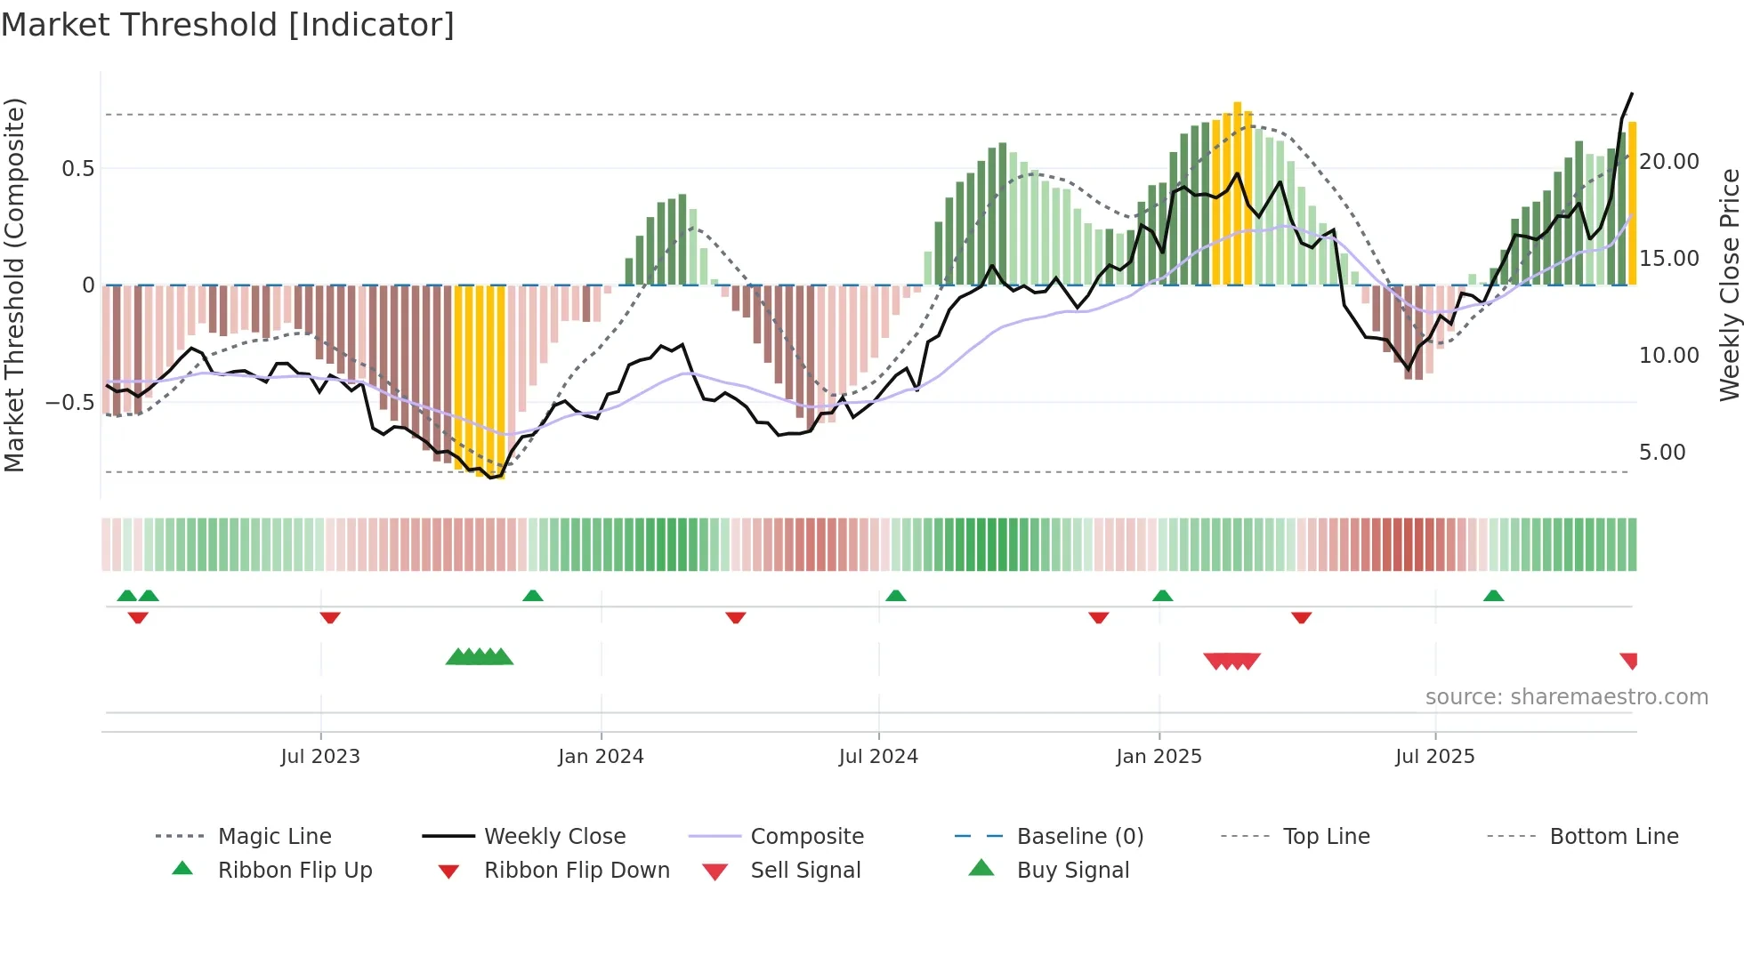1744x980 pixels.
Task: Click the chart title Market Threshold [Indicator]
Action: [x=228, y=25]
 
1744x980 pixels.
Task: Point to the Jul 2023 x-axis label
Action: [x=320, y=757]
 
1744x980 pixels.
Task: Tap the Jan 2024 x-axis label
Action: [x=601, y=757]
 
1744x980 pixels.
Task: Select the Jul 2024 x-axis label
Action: [x=878, y=757]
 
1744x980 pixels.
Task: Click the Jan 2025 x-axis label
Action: [x=1159, y=757]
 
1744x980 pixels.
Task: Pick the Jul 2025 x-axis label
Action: [x=1434, y=757]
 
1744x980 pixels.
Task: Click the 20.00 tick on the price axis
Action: [x=1668, y=162]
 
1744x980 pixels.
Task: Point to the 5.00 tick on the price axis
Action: [x=1661, y=453]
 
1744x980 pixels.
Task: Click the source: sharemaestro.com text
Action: [x=1566, y=697]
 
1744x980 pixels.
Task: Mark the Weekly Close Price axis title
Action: [x=1729, y=285]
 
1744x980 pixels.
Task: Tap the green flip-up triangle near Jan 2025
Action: [x=1162, y=596]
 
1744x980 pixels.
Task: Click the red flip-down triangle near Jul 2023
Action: [x=330, y=617]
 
